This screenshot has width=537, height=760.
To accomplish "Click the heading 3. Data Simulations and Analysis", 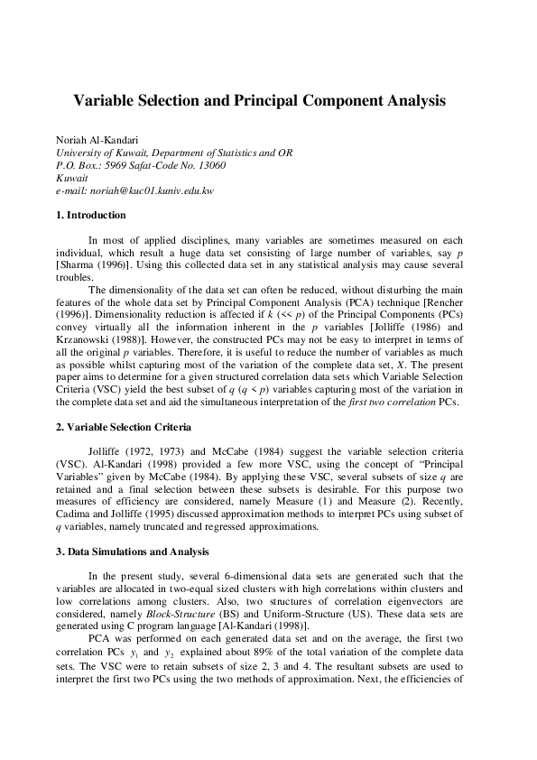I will coord(131,550).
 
